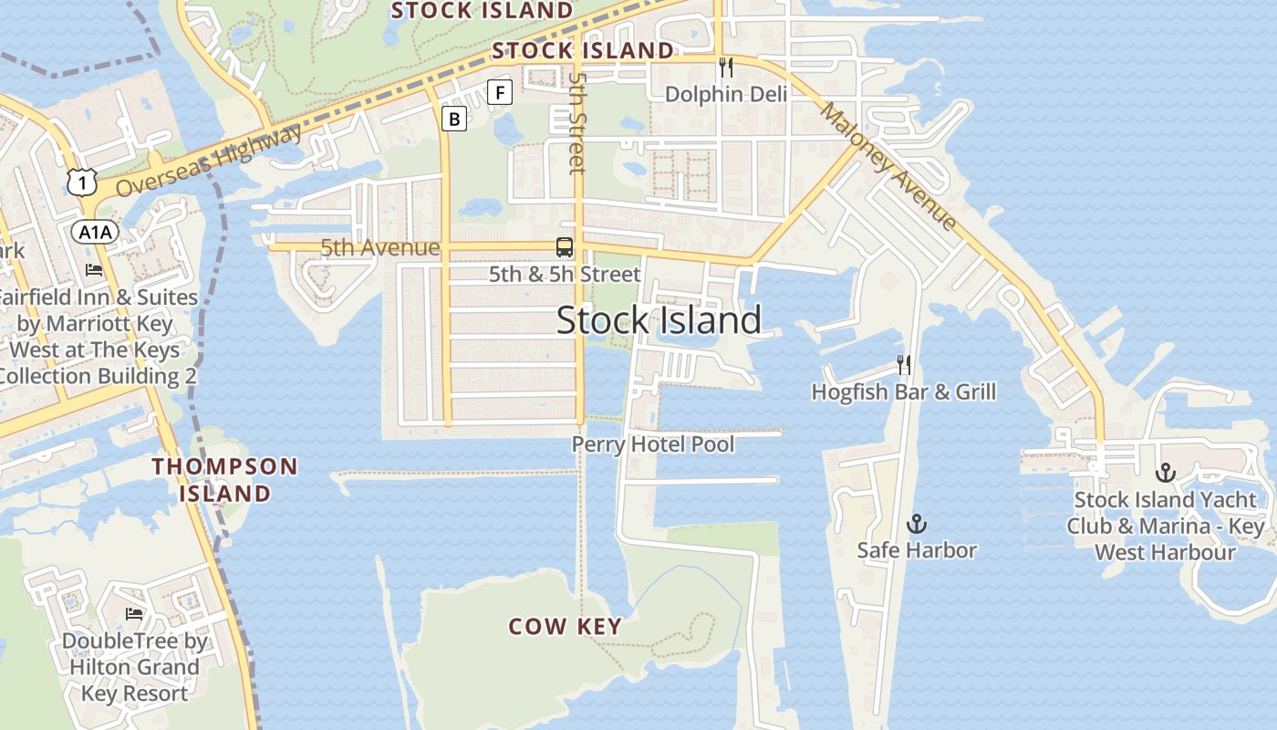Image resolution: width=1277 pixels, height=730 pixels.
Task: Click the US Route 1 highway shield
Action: tap(82, 182)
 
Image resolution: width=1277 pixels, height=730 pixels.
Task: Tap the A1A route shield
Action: tap(95, 233)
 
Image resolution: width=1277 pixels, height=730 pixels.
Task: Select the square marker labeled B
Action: tap(454, 118)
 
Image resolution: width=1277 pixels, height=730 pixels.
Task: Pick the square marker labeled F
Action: tap(500, 92)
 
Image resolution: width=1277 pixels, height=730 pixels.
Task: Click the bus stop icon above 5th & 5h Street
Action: tap(565, 246)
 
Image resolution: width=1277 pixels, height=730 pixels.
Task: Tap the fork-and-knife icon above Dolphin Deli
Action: tap(726, 67)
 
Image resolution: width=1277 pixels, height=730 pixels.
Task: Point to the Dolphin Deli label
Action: tap(726, 94)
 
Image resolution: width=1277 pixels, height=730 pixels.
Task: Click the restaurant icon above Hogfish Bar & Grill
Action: tap(904, 365)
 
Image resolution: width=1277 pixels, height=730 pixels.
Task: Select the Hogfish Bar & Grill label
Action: tap(904, 392)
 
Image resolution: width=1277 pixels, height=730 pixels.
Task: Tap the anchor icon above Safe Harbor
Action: tap(917, 524)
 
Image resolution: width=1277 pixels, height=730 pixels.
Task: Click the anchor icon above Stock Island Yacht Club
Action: tap(1165, 473)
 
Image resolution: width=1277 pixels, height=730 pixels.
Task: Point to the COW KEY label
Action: tap(566, 627)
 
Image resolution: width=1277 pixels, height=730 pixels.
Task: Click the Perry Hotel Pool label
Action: tap(653, 444)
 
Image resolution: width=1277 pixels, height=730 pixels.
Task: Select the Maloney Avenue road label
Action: tap(889, 166)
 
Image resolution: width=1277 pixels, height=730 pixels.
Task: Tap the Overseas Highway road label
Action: tap(210, 160)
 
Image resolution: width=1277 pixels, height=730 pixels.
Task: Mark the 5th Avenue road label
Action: tap(379, 248)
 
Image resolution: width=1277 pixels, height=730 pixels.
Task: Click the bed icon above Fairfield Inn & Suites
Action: tap(94, 270)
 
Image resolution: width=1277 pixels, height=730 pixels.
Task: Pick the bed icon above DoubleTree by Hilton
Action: tap(134, 613)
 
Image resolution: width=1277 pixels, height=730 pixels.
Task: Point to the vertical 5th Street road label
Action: tap(576, 123)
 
